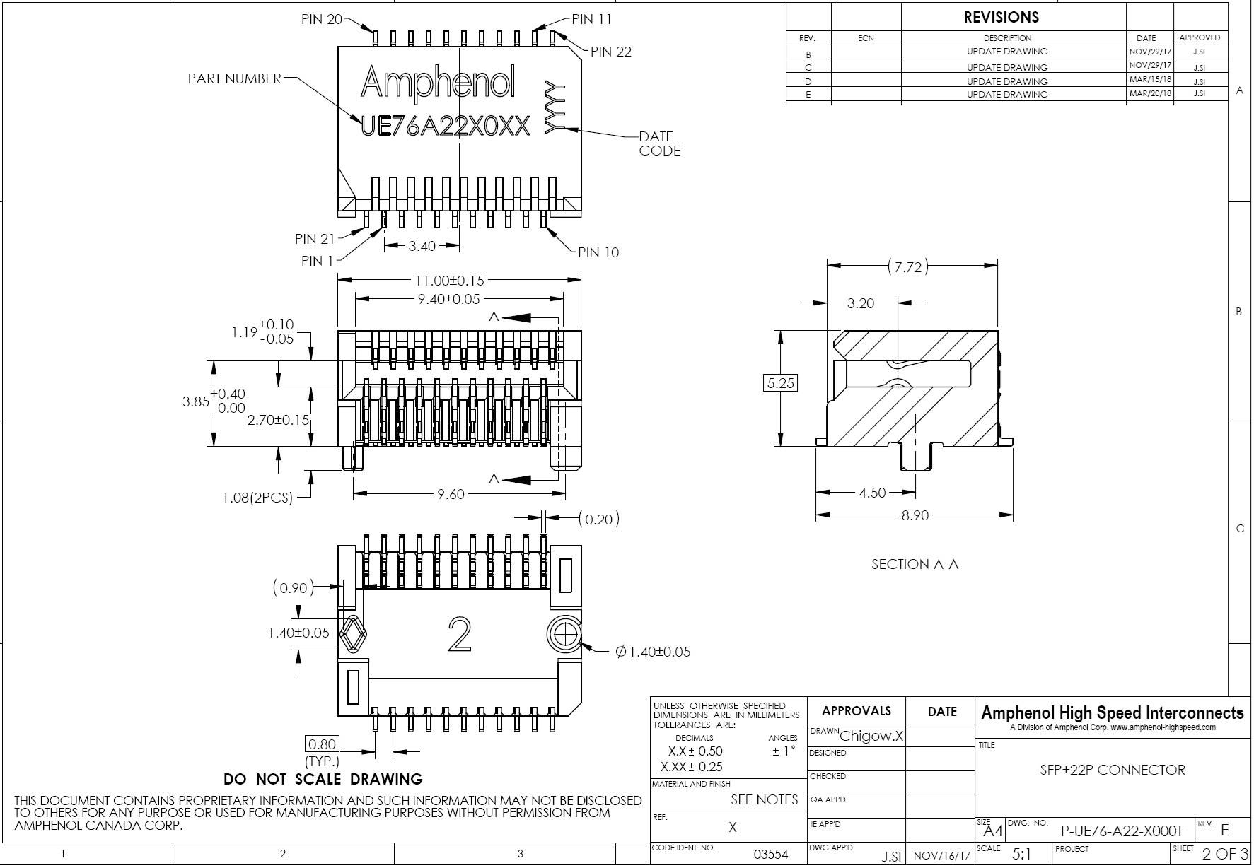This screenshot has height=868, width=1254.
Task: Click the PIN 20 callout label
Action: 322,20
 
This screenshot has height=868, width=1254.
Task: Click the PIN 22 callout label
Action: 610,52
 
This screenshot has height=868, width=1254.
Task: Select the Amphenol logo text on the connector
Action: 438,83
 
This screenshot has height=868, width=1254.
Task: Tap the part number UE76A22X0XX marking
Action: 445,127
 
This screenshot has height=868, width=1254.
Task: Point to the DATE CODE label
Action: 659,143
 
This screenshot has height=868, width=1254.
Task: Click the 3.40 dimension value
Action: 422,246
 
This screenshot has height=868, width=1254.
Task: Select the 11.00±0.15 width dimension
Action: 450,281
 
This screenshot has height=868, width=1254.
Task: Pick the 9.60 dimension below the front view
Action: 451,494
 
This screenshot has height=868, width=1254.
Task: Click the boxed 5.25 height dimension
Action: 781,383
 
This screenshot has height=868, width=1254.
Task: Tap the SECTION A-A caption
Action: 915,564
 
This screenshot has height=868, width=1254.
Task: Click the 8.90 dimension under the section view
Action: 915,515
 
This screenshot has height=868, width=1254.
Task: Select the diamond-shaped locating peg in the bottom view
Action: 354,634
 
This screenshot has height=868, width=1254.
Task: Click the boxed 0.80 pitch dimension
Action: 322,744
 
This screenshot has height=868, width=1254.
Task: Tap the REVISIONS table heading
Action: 1001,18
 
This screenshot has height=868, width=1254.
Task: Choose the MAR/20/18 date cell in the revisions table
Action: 1149,93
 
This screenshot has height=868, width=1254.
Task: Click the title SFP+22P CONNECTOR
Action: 1112,770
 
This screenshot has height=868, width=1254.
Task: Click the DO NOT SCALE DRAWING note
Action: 323,779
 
